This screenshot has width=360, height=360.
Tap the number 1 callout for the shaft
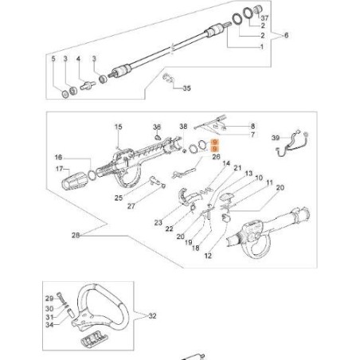pyautogui.click(x=264, y=47)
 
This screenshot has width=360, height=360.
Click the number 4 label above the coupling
pyautogui.click(x=78, y=60)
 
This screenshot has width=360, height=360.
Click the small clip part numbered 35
pyautogui.click(x=168, y=79)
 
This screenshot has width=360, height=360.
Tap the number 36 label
pyautogui.click(x=158, y=127)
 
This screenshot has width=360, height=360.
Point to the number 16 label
pyautogui.click(x=57, y=158)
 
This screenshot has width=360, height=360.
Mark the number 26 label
pyautogui.click(x=217, y=157)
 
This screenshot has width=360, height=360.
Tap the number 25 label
pyautogui.click(x=117, y=197)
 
